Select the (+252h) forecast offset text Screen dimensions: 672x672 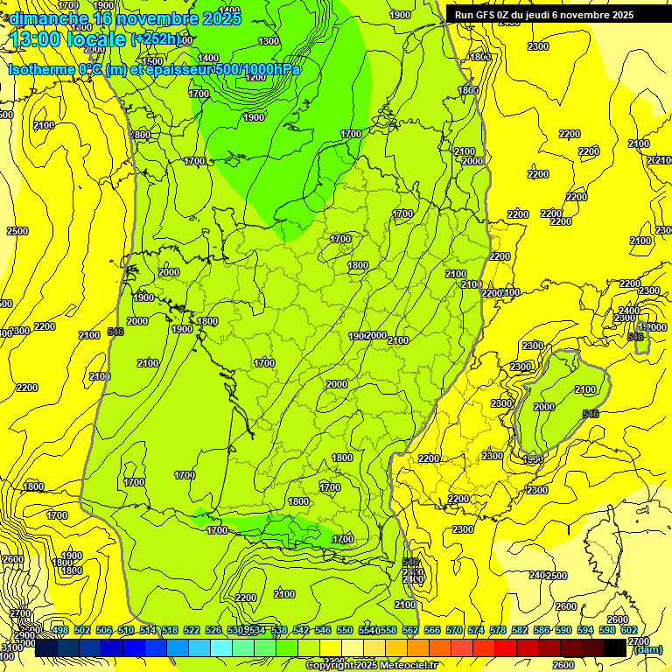click(x=156, y=39)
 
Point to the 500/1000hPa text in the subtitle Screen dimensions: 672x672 click(x=257, y=69)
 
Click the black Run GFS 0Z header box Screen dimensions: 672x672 click(x=556, y=14)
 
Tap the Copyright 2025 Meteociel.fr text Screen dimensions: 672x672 click(x=371, y=666)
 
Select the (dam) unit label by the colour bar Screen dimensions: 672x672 click(x=647, y=649)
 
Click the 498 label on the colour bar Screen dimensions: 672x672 click(x=59, y=630)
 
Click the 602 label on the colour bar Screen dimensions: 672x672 click(x=629, y=630)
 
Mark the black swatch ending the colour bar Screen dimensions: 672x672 click(x=615, y=648)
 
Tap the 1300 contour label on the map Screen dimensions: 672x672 click(x=269, y=41)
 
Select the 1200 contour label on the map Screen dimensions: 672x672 click(x=255, y=77)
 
